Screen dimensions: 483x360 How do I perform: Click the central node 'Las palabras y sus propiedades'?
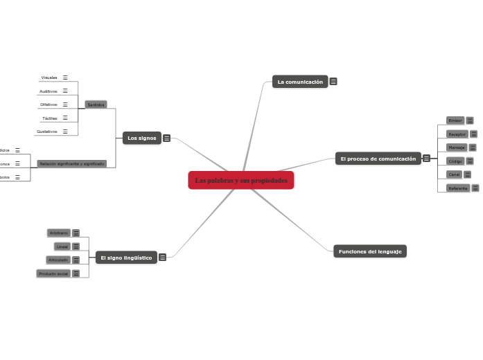(x=241, y=181)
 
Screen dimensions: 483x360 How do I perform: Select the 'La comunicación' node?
(x=300, y=82)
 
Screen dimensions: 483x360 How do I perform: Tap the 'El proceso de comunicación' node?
(x=378, y=159)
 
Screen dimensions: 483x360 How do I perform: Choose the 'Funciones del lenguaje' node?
(x=369, y=251)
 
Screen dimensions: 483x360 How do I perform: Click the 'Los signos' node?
(x=141, y=138)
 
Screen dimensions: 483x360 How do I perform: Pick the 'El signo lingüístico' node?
(x=125, y=258)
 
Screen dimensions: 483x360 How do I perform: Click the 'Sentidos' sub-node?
(x=95, y=105)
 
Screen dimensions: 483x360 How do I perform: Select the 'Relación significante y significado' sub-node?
(x=72, y=164)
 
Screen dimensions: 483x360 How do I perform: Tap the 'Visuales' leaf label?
(x=49, y=78)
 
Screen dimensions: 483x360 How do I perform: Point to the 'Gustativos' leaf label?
(x=48, y=131)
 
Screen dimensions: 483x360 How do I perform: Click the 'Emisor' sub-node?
(x=455, y=120)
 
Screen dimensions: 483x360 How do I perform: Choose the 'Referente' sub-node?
(x=457, y=188)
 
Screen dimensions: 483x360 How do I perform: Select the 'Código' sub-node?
(x=455, y=161)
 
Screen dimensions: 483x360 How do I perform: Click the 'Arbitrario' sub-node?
(x=58, y=233)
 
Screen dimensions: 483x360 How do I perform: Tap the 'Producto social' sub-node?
(x=53, y=273)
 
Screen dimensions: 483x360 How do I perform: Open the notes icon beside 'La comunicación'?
(x=333, y=82)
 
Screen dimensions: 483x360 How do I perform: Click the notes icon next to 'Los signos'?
(x=167, y=138)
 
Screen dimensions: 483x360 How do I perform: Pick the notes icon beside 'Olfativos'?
(x=65, y=105)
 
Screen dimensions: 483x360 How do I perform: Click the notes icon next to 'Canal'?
(x=467, y=174)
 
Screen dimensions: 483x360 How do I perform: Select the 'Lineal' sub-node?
(x=62, y=246)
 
